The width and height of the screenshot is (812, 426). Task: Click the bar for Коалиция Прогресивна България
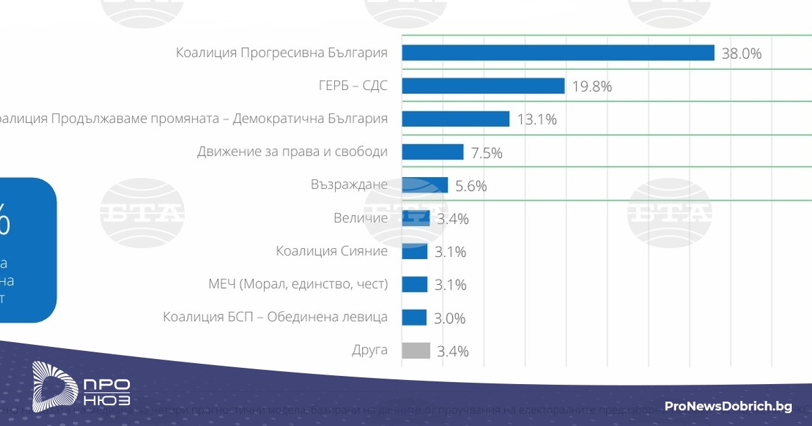pyautogui.click(x=558, y=53)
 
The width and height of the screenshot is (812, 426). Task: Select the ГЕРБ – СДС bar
pyautogui.click(x=483, y=86)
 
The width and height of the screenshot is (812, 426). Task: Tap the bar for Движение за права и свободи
pyautogui.click(x=432, y=151)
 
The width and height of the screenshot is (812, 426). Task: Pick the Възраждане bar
pyautogui.click(x=425, y=185)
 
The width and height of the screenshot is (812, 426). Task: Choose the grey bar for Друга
pyautogui.click(x=415, y=350)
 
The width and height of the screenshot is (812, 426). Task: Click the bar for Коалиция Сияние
pyautogui.click(x=414, y=252)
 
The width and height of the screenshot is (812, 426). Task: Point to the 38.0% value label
pyautogui.click(x=742, y=53)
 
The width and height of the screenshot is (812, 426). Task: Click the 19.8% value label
pyautogui.click(x=591, y=87)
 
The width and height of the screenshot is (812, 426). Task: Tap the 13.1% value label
pyautogui.click(x=537, y=120)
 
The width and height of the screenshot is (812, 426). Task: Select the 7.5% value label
pyautogui.click(x=487, y=153)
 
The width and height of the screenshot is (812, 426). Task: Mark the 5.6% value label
pyautogui.click(x=471, y=186)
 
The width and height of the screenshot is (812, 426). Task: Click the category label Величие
pyautogui.click(x=361, y=218)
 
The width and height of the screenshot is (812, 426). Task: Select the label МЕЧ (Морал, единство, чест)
pyautogui.click(x=298, y=284)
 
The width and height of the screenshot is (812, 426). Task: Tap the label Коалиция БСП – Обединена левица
pyautogui.click(x=275, y=317)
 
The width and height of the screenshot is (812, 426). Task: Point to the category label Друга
pyautogui.click(x=369, y=350)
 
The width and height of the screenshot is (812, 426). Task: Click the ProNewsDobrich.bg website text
pyautogui.click(x=728, y=406)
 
